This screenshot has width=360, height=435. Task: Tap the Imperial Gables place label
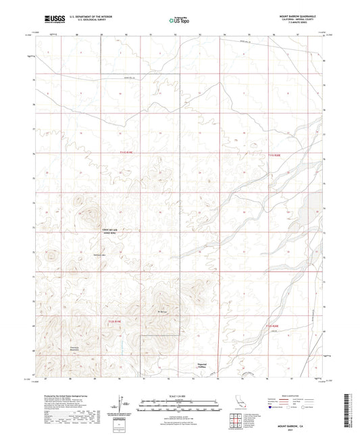click(195, 363)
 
